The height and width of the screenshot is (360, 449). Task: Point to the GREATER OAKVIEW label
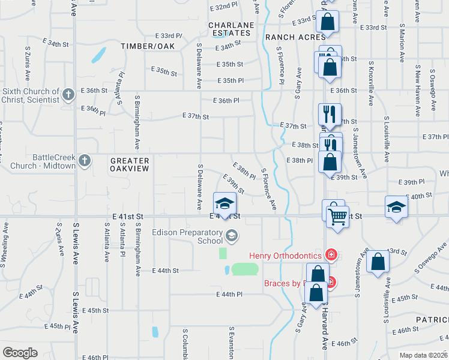[130, 165]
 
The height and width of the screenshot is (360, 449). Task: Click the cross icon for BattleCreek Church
[85, 160]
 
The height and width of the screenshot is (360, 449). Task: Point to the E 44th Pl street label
[229, 295]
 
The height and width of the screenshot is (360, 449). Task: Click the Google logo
[20, 353]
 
